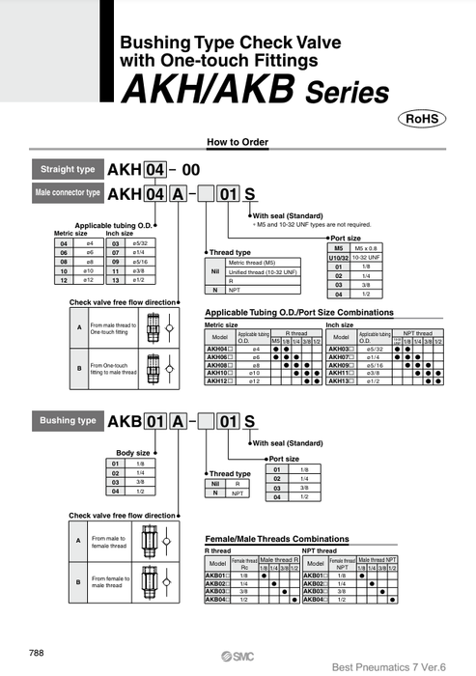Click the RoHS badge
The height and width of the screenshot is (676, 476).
click(x=421, y=119)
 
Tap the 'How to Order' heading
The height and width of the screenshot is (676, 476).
click(x=238, y=142)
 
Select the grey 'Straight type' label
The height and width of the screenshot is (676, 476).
click(x=68, y=170)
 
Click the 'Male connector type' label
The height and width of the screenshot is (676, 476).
click(x=68, y=193)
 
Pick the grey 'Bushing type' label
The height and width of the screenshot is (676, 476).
click(x=68, y=421)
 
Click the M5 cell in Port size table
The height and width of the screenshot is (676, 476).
click(x=339, y=248)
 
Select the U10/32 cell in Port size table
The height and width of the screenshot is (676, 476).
click(x=339, y=257)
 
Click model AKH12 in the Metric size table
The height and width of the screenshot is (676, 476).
click(x=219, y=381)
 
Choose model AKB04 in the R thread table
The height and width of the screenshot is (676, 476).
click(x=218, y=600)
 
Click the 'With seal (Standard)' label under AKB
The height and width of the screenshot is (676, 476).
click(x=286, y=443)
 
